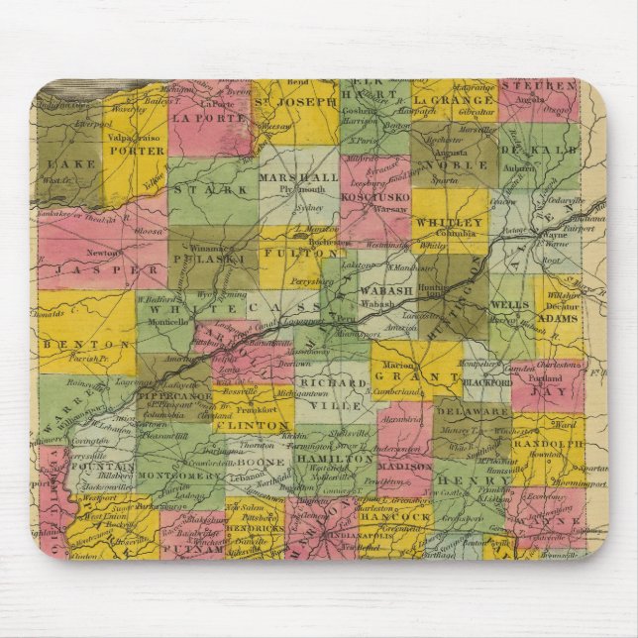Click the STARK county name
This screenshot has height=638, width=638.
tap(226, 189)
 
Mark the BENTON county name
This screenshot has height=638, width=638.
tap(72, 341)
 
